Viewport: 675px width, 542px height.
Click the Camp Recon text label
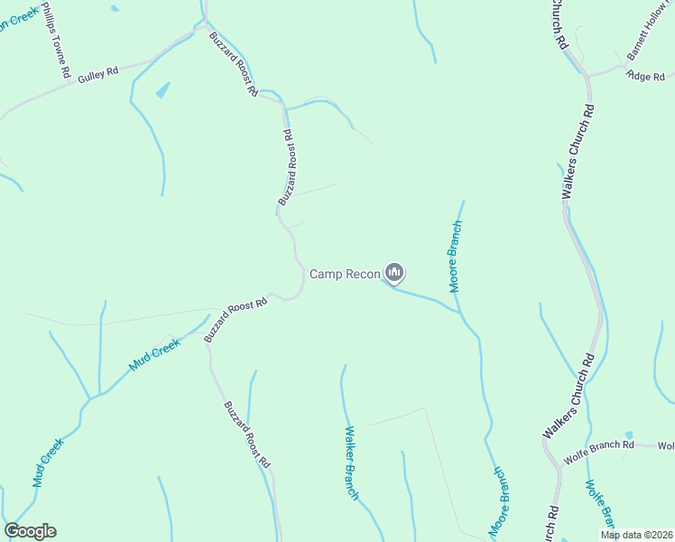pos(345,273)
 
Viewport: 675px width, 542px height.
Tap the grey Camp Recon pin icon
pos(394,271)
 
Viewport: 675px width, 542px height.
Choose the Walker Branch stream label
pos(350,463)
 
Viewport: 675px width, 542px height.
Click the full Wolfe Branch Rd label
pos(599,445)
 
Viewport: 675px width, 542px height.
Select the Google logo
pos(30,530)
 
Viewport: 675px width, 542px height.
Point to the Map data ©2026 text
pos(635,535)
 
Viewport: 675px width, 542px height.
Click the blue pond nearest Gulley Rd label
pos(162,90)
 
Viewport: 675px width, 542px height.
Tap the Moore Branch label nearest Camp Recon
pos(456,257)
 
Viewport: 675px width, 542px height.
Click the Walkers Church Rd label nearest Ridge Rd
pos(579,152)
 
